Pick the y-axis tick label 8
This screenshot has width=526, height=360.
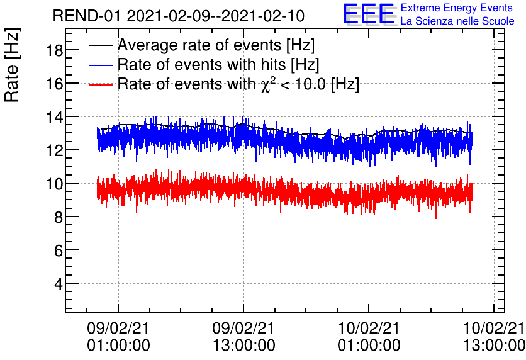point(57,217)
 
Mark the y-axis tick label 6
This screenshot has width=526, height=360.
point(57,250)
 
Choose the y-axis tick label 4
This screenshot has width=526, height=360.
point(57,284)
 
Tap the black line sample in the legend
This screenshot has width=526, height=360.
point(101,45)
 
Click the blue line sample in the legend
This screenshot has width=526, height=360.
point(101,64)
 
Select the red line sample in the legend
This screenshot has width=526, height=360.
point(101,84)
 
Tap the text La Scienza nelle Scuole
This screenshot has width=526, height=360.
point(457,21)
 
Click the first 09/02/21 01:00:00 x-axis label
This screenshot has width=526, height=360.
point(118,336)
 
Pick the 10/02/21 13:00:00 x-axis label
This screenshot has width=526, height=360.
point(493,336)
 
